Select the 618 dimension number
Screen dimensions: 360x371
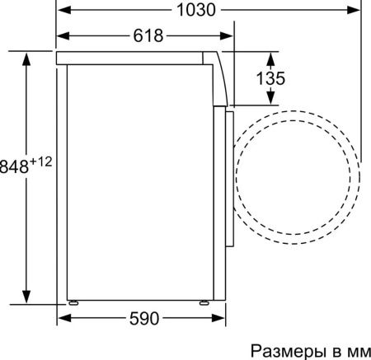tap(148, 35)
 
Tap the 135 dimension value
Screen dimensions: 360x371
tap(270, 78)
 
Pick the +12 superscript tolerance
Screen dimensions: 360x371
tap(41, 161)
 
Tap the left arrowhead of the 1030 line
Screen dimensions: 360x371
tap(62, 10)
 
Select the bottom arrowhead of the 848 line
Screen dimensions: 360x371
tap(27, 300)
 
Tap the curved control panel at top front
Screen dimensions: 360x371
tap(218, 78)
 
